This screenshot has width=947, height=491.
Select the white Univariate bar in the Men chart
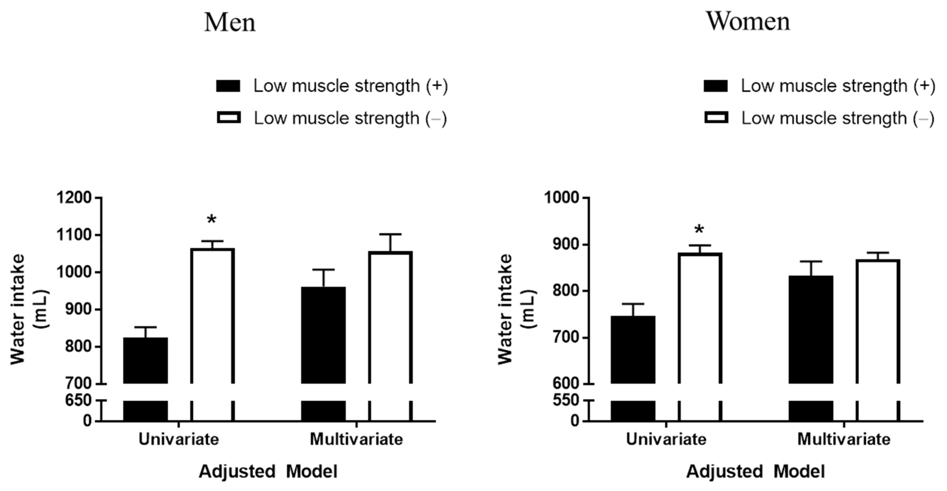[212, 316]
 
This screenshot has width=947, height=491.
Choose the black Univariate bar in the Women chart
[633, 350]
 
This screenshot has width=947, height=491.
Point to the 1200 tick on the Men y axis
[74, 198]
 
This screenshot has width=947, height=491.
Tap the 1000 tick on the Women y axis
[561, 198]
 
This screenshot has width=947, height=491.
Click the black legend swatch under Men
[228, 86]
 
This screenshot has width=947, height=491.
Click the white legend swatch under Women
[716, 118]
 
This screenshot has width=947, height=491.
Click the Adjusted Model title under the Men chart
[268, 471]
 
